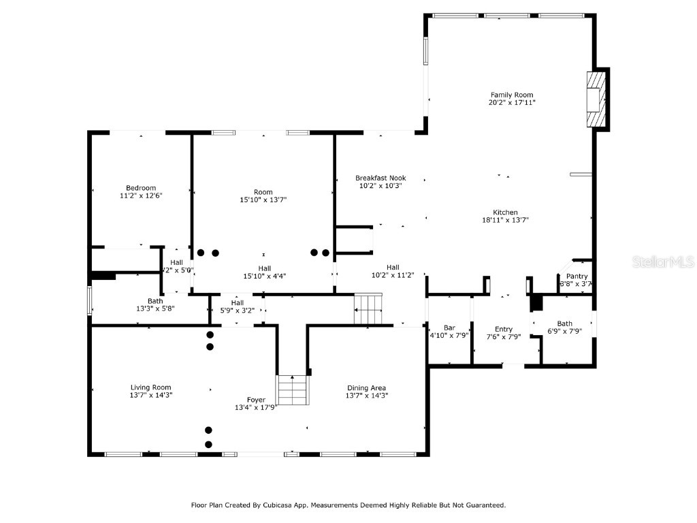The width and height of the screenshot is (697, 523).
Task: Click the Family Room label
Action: point(512,95)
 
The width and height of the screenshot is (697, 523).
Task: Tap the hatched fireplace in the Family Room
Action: point(594,99)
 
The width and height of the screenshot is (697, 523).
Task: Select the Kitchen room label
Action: point(505,212)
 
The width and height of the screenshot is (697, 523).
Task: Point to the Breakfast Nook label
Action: point(380,178)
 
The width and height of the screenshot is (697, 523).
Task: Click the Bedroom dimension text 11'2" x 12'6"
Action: point(141,195)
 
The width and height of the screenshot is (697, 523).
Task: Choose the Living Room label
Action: point(150,387)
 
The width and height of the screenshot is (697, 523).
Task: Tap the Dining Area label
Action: point(366,387)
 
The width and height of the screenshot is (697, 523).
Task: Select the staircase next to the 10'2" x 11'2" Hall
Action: point(368,309)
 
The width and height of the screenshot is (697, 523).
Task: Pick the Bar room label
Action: point(449,328)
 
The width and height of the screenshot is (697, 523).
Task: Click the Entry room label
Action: point(504,329)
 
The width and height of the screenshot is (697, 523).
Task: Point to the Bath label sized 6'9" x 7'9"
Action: point(564,323)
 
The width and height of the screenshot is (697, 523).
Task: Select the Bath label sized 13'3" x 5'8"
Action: point(155,301)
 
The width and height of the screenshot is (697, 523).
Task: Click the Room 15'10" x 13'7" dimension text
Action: point(263,200)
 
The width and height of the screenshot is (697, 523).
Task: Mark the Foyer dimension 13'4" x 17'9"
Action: point(256,408)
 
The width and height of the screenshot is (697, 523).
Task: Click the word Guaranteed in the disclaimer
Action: point(483,505)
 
